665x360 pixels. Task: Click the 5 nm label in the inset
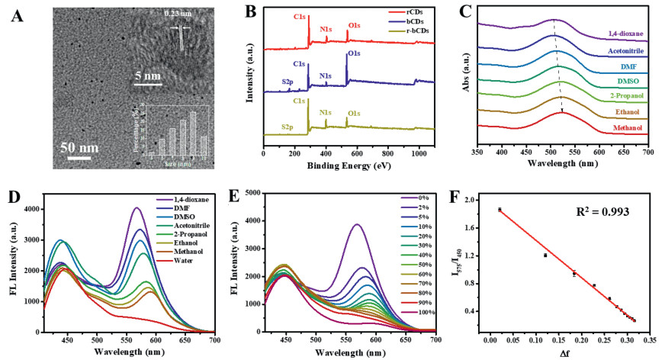click(x=149, y=76)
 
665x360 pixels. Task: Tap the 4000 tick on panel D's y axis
click(x=31, y=209)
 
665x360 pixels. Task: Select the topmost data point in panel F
click(x=500, y=209)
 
